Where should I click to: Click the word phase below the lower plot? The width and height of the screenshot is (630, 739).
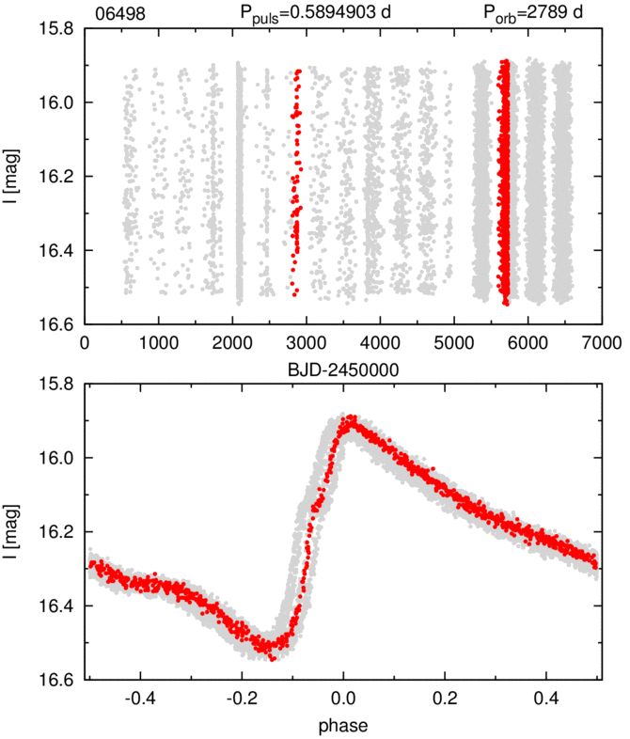pyautogui.click(x=342, y=726)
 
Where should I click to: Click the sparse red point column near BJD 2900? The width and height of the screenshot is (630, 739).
pyautogui.click(x=297, y=179)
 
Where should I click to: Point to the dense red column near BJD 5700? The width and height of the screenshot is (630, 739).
pyautogui.click(x=504, y=179)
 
